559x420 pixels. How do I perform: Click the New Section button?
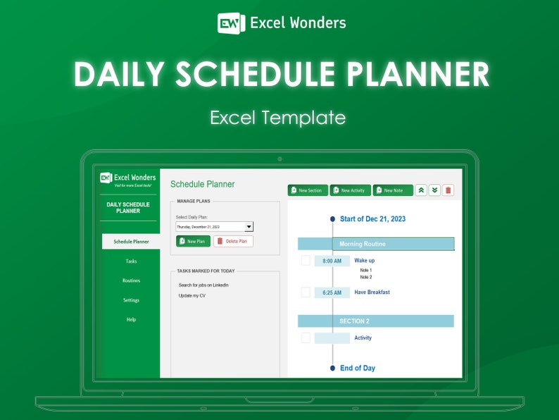(x=308, y=190)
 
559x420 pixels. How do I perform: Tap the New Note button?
(x=393, y=190)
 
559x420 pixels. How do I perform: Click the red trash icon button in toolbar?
(x=448, y=190)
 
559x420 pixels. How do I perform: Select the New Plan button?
(x=193, y=241)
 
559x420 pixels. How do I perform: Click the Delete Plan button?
(x=233, y=241)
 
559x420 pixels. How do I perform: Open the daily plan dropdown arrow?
(x=249, y=227)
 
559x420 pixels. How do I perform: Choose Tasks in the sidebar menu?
(x=131, y=261)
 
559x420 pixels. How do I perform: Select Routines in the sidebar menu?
(x=131, y=280)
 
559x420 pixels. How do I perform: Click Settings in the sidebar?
(x=131, y=300)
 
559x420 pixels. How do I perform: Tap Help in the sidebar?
(x=131, y=319)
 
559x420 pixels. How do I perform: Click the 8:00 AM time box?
(x=332, y=261)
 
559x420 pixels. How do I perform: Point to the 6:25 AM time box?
(x=332, y=292)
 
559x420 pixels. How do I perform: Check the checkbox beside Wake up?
(x=306, y=261)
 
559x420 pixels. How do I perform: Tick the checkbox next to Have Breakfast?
(x=306, y=292)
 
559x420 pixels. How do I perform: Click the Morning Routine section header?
(x=376, y=244)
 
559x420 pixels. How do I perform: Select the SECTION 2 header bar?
(x=376, y=321)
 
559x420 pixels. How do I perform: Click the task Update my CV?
(x=192, y=295)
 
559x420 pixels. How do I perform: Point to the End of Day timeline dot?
(x=332, y=368)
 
